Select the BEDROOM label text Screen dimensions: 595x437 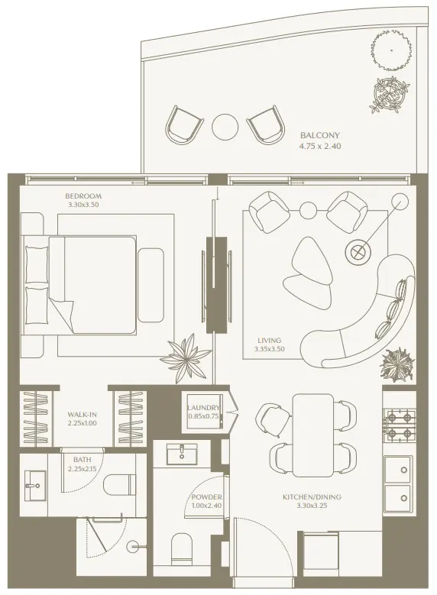coord(83,196)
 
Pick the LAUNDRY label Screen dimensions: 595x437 coord(203,408)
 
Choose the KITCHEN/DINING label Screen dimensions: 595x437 coord(312,497)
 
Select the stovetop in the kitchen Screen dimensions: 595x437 coord(398,425)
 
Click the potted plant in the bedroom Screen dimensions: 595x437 coord(183,356)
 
